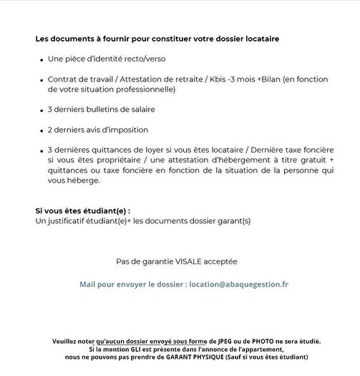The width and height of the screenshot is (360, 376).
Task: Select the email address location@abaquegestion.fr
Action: tap(239, 284)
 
